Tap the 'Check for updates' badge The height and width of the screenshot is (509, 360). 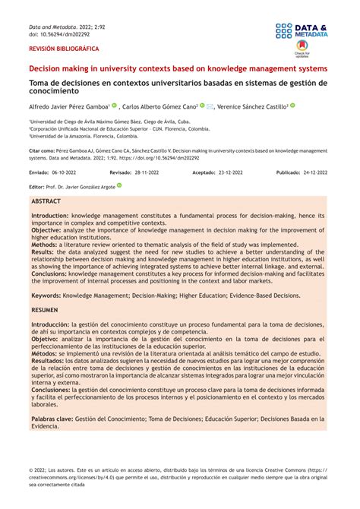(x=302, y=52)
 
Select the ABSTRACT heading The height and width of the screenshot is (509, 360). (x=46, y=202)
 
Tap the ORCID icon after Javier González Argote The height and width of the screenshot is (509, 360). (x=119, y=185)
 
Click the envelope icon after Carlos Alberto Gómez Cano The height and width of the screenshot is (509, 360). (x=210, y=107)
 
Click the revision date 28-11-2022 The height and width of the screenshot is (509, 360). (x=144, y=172)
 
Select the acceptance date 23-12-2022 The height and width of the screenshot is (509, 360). (x=229, y=172)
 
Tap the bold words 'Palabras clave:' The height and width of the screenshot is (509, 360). (x=52, y=418)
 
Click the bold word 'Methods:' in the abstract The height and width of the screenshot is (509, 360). (x=44, y=246)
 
